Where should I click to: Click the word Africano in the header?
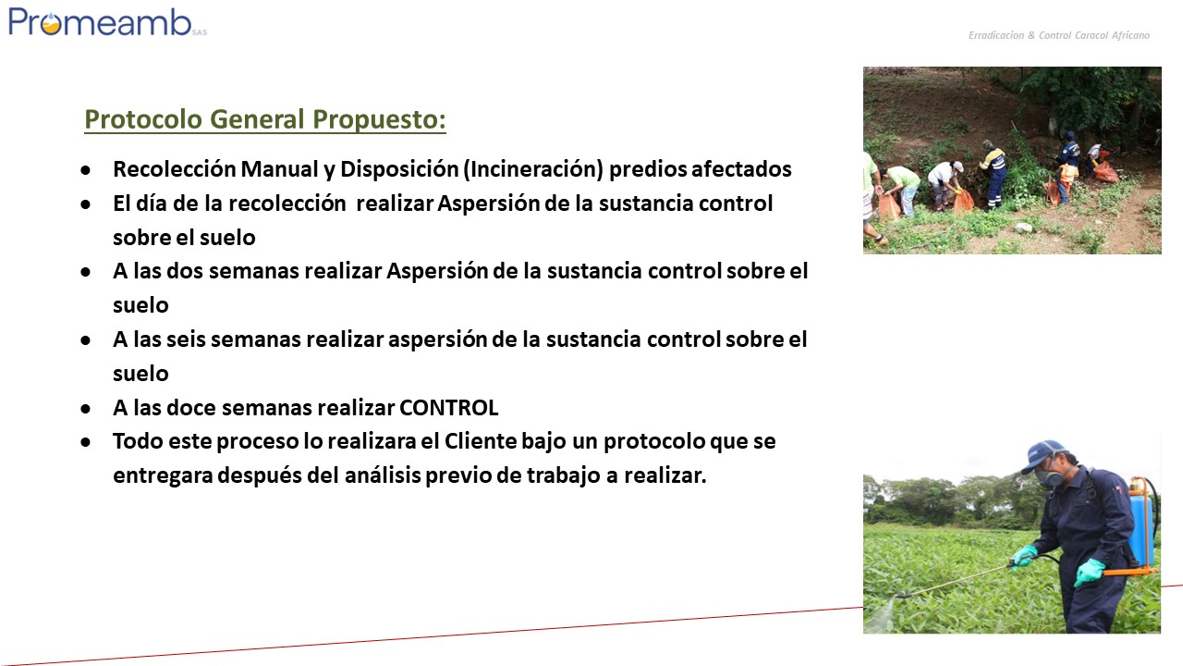1130,35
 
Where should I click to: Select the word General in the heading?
257,119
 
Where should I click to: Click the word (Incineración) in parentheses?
533,169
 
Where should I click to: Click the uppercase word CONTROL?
448,408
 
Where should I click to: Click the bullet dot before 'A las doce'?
86,409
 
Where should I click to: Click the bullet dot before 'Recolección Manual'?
86,170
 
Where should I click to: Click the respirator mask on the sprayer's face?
1049,478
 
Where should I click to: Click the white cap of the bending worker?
957,166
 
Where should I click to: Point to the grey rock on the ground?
1023,228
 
